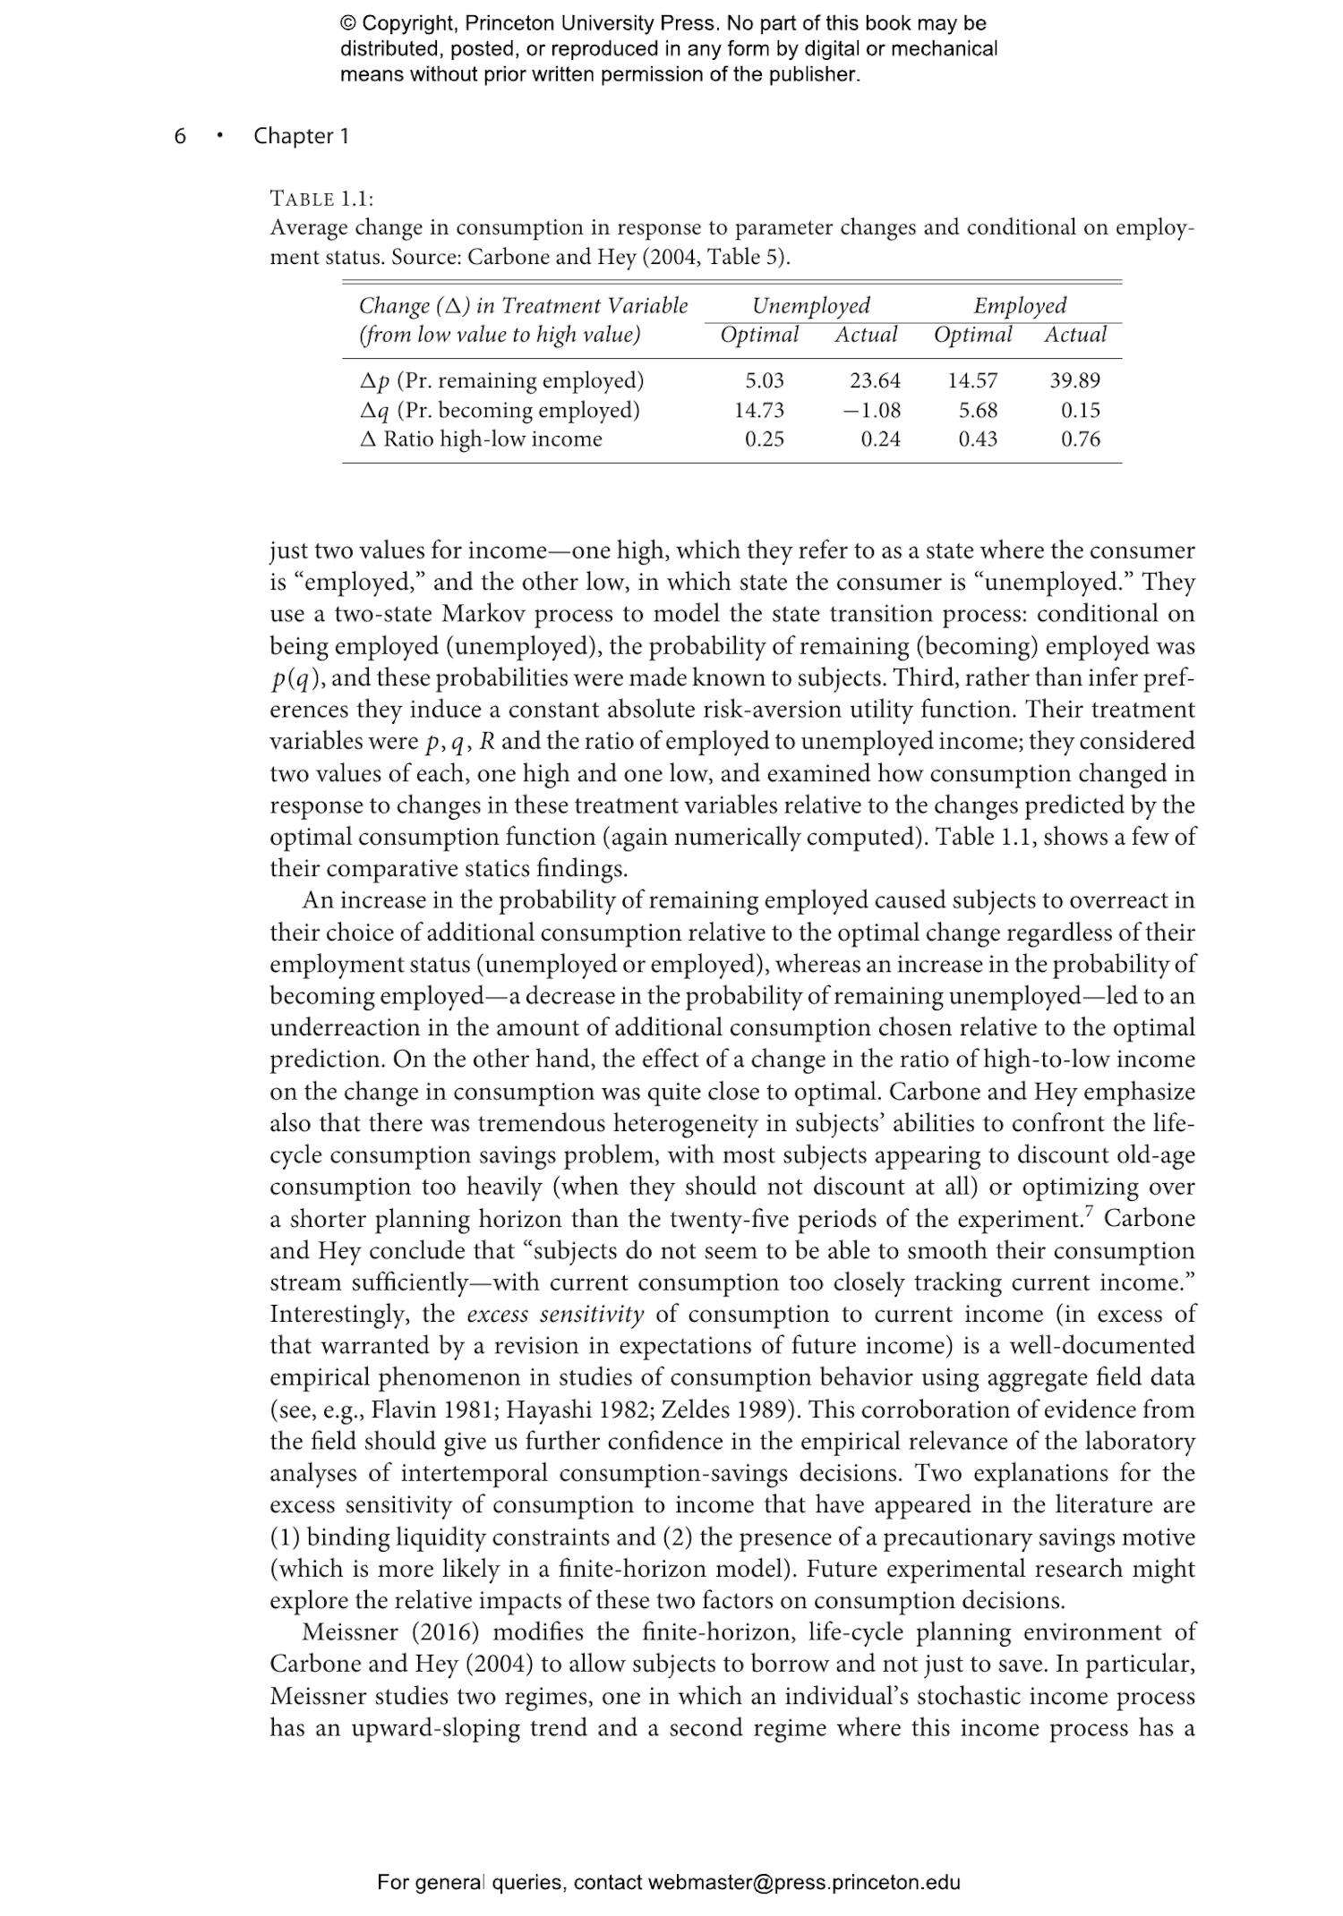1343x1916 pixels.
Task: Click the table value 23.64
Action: (875, 381)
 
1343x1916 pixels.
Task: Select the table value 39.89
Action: (1074, 381)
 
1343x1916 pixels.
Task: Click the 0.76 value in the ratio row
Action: (1080, 439)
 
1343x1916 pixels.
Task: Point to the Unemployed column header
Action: (810, 306)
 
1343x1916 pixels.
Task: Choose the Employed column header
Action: (1020, 306)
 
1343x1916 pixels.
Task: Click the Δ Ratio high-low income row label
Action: (480, 439)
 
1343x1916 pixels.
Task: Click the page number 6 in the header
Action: (180, 136)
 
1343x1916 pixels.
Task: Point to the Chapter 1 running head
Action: (301, 136)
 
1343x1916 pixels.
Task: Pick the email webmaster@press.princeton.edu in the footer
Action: (804, 1882)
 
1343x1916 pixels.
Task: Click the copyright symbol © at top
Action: (348, 24)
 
